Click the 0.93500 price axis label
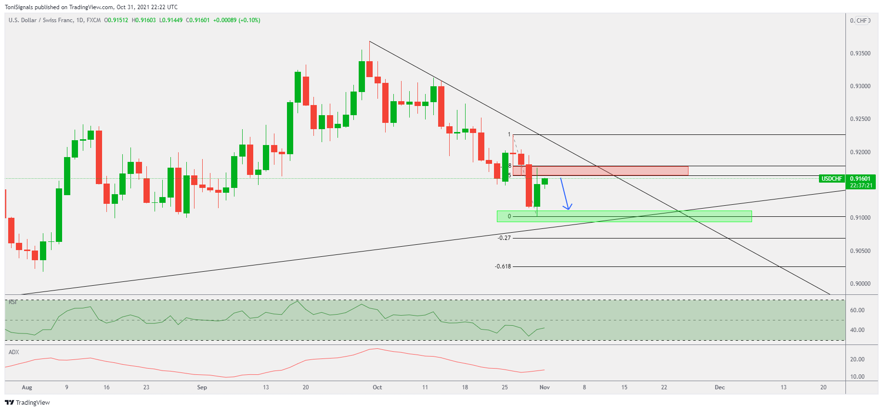(x=860, y=53)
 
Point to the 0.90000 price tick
(x=860, y=284)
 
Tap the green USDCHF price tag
(x=831, y=179)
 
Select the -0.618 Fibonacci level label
(x=503, y=266)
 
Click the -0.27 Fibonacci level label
(x=504, y=238)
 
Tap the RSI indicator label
(x=13, y=302)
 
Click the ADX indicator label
(x=14, y=352)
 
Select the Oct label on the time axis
(x=377, y=387)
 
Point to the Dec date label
(x=719, y=387)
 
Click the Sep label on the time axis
(x=202, y=387)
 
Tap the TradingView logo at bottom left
(x=27, y=402)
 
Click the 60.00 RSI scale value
(x=857, y=310)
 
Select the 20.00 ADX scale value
(x=857, y=359)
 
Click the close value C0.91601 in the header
(x=197, y=20)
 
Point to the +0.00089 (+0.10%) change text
(x=236, y=20)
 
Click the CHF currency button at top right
(x=862, y=21)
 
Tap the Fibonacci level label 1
(x=509, y=134)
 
